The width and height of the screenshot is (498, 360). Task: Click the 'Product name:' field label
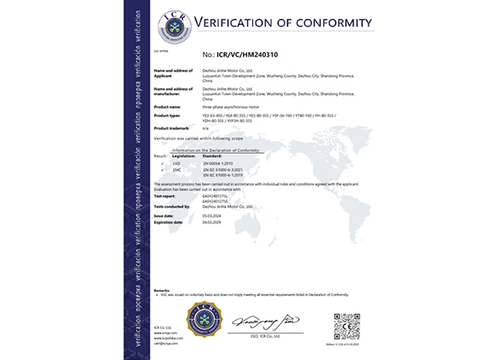click(x=168, y=107)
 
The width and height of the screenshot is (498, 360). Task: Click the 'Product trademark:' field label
click(x=172, y=129)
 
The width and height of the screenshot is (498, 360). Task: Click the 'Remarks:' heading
click(x=162, y=290)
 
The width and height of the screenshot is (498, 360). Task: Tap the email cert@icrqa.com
click(x=166, y=343)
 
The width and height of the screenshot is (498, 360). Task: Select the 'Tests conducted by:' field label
click(x=173, y=206)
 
